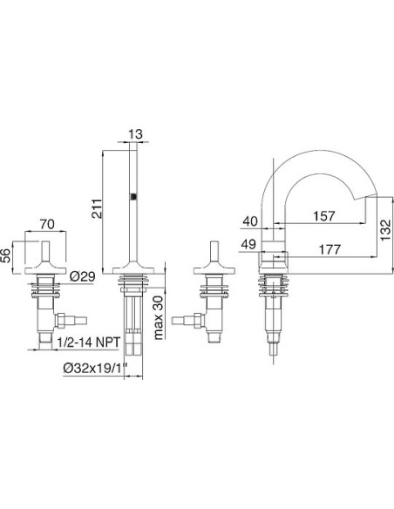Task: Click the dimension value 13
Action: (x=135, y=133)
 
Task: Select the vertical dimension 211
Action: (x=97, y=208)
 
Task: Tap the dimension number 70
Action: (x=47, y=224)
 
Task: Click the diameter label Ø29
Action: (x=83, y=276)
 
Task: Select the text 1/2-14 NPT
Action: (x=89, y=342)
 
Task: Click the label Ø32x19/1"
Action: (x=95, y=369)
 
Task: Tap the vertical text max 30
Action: (x=158, y=317)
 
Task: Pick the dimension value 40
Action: (x=250, y=221)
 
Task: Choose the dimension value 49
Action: (x=249, y=244)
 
